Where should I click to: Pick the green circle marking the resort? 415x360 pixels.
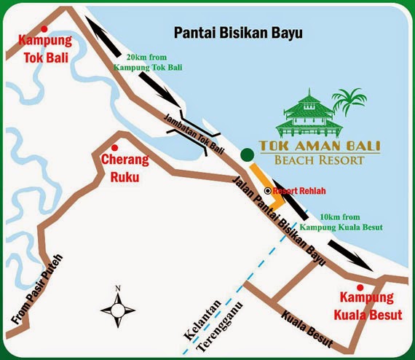point(248,153)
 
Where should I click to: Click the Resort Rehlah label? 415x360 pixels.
point(299,191)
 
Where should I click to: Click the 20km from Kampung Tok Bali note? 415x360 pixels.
point(153,62)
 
